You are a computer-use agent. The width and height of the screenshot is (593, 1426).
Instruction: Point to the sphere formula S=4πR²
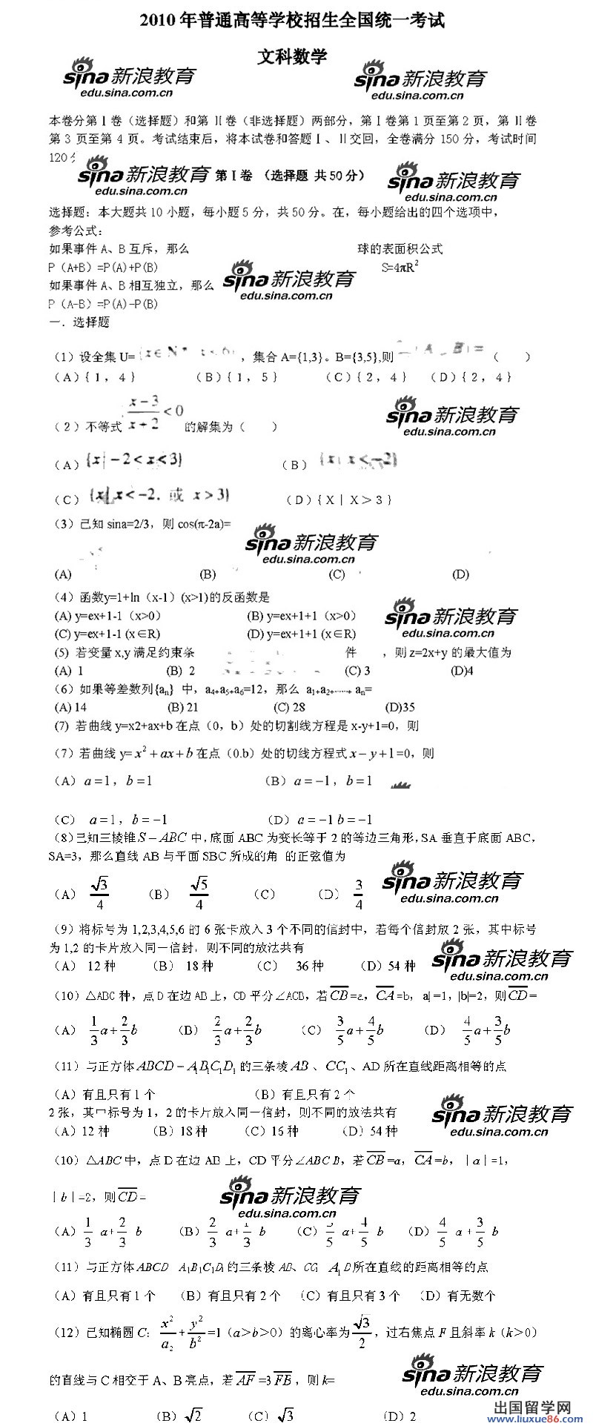pos(400,268)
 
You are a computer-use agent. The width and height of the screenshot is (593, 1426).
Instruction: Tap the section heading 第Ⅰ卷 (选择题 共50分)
pos(290,176)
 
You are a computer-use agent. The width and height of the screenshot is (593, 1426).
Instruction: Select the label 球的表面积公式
pos(400,249)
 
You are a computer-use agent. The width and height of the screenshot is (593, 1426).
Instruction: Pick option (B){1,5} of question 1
pos(238,377)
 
